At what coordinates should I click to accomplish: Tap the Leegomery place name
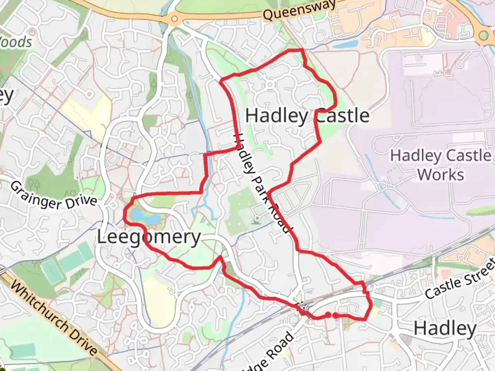[148, 237]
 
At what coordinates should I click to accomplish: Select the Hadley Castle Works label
[441, 165]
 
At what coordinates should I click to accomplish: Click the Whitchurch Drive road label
[53, 318]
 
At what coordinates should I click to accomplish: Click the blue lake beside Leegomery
[144, 217]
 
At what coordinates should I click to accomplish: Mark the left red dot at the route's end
[328, 315]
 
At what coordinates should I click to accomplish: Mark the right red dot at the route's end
[335, 315]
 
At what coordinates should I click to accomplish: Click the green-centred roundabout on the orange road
[484, 35]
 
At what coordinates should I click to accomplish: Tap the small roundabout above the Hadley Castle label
[270, 84]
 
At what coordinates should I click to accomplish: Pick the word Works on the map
[441, 175]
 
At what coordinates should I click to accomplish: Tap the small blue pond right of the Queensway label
[345, 44]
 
